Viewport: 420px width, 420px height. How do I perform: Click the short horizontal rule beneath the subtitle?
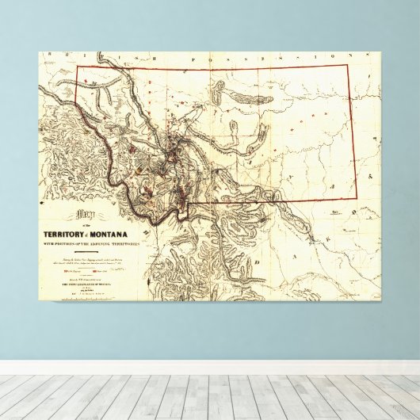point(92,251)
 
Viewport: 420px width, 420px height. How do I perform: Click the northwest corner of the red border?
point(76,65)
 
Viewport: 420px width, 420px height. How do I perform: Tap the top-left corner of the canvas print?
point(40,52)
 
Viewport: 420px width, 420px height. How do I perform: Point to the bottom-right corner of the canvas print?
point(380,318)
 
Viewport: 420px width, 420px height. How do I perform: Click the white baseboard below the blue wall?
point(210,368)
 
